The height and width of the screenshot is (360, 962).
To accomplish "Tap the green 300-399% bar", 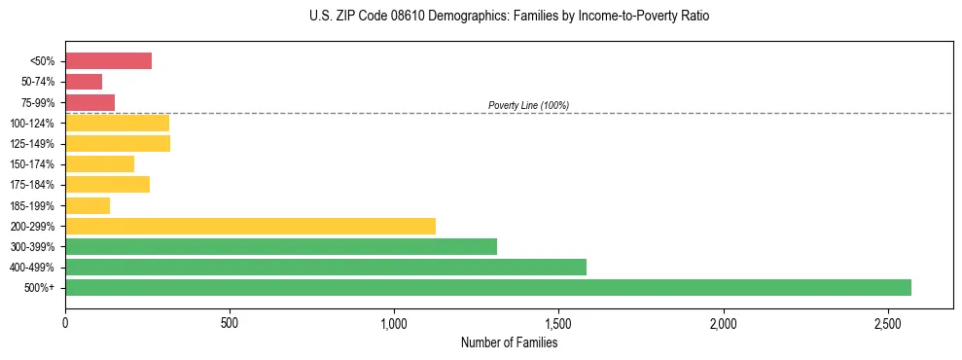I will click(281, 246).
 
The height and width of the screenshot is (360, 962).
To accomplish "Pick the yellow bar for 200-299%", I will click(250, 226).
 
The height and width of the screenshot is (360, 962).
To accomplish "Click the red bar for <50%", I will click(108, 61).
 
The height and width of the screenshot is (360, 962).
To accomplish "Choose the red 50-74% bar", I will click(84, 82).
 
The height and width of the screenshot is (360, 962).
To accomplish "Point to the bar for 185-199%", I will click(88, 205).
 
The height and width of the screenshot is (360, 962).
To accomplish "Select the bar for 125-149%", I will click(118, 144).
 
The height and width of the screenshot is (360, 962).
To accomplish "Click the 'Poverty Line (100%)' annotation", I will click(528, 105).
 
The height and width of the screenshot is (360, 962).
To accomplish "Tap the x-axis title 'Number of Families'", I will click(509, 342).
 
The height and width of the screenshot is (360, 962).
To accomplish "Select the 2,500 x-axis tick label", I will click(887, 322).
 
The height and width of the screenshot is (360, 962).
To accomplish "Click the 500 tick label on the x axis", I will click(230, 322).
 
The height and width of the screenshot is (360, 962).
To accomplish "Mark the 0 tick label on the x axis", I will click(65, 322).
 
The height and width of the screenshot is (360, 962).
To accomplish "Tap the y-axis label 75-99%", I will click(37, 103).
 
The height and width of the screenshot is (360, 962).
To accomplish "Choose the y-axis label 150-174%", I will click(32, 164).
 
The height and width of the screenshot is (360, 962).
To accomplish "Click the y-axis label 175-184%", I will click(32, 185).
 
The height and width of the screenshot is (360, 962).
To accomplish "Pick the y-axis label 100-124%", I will click(32, 124).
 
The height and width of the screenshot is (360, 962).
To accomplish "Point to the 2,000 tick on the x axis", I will click(723, 322).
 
